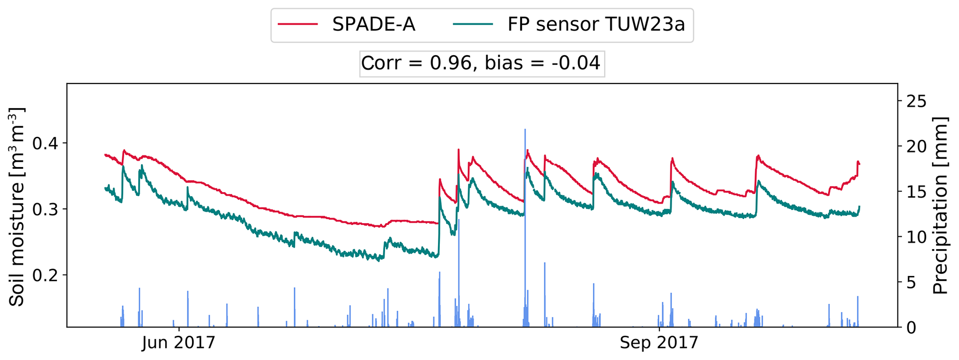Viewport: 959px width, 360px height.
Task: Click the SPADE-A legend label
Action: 373,25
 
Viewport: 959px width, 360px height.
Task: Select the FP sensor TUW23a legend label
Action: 596,25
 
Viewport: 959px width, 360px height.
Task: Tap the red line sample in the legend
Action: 298,25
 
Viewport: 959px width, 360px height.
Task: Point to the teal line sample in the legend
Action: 474,25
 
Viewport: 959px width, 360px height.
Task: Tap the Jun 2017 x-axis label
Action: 179,343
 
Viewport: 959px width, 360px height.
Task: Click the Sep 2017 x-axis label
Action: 659,343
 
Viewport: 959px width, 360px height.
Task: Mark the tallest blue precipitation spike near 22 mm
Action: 525,186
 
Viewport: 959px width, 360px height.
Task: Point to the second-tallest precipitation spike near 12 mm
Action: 458,260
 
